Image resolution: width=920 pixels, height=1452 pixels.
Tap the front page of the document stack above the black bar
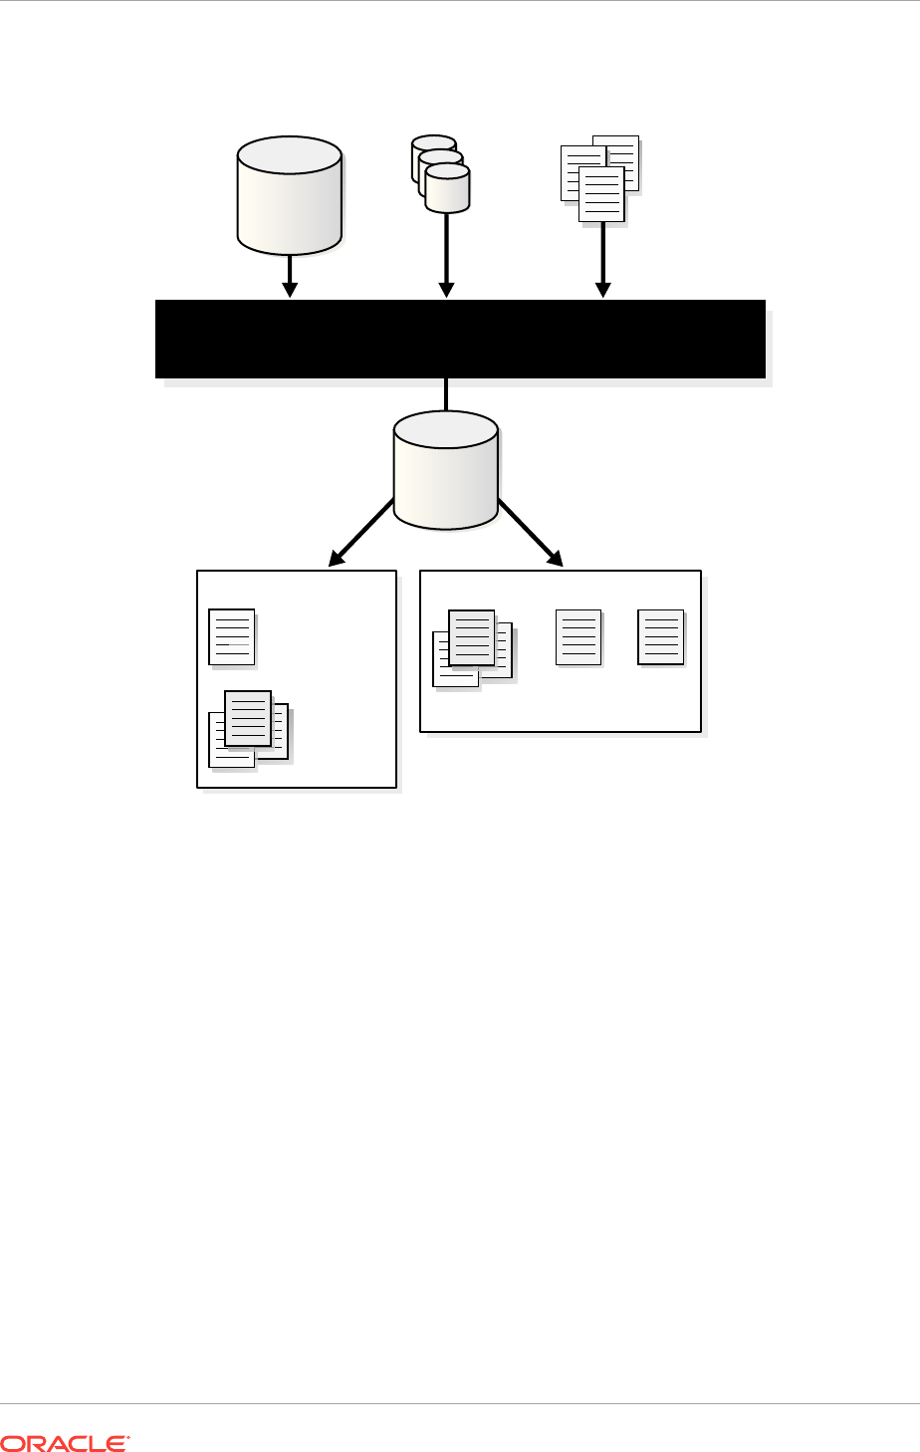tap(601, 194)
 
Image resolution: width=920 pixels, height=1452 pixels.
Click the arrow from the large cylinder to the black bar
tap(290, 276)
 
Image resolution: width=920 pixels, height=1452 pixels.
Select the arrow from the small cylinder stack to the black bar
tap(446, 255)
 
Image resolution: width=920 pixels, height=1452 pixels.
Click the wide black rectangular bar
tap(460, 339)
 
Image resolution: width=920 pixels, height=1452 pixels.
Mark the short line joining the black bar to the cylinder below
tap(446, 394)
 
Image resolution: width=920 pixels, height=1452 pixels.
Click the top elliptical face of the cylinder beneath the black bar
tap(445, 429)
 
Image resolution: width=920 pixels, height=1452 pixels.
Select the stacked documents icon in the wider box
tap(472, 648)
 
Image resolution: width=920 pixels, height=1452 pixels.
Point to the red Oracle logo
tap(65, 1441)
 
